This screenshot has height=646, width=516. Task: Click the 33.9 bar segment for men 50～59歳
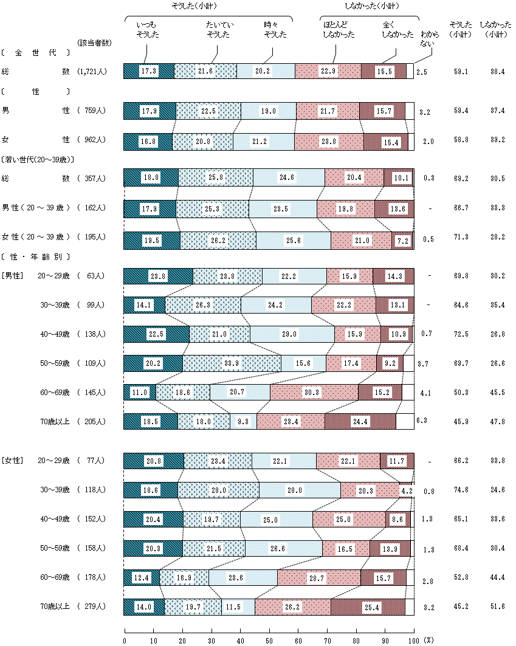click(x=232, y=363)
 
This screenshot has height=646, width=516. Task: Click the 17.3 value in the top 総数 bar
click(x=148, y=71)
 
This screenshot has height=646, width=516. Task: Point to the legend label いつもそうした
click(x=148, y=29)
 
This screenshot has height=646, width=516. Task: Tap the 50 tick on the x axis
click(x=269, y=640)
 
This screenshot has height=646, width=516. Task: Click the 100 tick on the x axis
click(x=414, y=640)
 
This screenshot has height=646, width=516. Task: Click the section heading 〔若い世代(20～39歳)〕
click(x=38, y=159)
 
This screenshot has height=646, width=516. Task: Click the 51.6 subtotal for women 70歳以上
click(x=497, y=606)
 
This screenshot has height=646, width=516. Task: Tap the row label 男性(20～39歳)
click(x=37, y=208)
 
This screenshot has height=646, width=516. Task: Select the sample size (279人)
click(x=92, y=606)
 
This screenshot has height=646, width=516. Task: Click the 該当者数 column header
click(x=94, y=43)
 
